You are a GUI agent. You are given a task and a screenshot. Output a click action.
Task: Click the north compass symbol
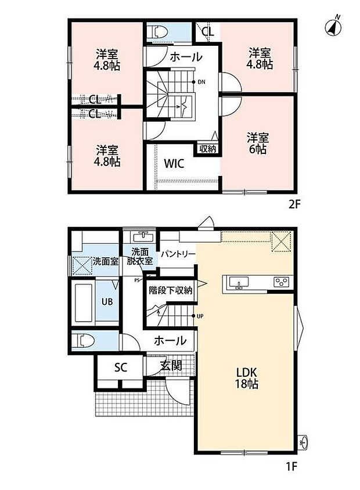pos(333,27)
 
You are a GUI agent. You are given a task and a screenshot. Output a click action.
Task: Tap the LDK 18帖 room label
pos(247,378)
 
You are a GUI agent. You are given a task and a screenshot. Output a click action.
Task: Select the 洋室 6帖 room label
pos(257,143)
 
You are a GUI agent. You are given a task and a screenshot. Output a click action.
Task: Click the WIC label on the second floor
pos(174,164)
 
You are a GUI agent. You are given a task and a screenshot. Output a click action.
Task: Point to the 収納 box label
pos(207,149)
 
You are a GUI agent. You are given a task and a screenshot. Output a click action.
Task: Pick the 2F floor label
pos(294,204)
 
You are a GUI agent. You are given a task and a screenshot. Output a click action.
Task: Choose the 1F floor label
pos(291,467)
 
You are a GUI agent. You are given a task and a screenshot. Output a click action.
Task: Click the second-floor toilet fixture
pos(159,32)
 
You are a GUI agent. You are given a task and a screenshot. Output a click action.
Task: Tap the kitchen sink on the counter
pos(239,283)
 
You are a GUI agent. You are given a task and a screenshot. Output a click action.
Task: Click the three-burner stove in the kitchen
pos(281,282)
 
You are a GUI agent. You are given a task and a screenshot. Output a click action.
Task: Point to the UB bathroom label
pos(107,302)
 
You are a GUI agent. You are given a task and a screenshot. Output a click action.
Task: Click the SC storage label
pos(121,368)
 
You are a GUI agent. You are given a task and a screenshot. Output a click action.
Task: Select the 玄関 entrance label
pos(171,365)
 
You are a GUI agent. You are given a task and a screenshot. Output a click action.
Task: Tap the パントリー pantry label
pos(178,254)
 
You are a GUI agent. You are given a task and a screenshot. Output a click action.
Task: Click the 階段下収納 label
pos(170,290)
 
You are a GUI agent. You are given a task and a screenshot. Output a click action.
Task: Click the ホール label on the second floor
pos(186,57)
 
